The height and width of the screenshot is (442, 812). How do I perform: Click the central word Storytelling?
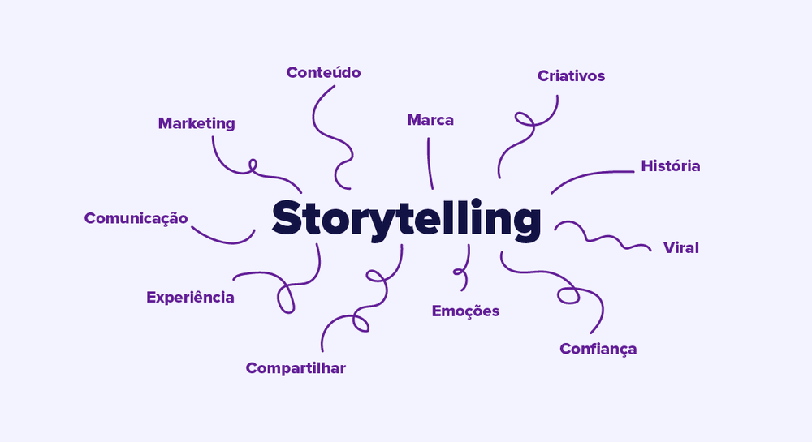point(406,219)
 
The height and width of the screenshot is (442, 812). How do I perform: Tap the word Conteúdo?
point(323,72)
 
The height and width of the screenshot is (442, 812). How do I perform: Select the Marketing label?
point(197,123)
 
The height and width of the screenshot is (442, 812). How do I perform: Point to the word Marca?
point(430,120)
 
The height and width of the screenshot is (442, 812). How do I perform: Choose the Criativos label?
point(571,76)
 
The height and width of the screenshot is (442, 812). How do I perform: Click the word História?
point(670,165)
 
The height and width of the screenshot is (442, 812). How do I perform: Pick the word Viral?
point(680,247)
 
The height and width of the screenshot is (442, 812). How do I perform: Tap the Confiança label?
point(598,349)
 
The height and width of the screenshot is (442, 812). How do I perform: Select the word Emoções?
point(465,311)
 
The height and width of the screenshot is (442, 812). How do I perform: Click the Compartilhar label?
point(296,368)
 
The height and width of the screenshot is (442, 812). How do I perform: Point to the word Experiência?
point(190,297)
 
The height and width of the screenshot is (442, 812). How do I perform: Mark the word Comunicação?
point(136,218)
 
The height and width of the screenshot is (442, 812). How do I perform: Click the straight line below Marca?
point(430,162)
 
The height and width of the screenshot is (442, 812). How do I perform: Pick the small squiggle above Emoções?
point(464,268)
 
